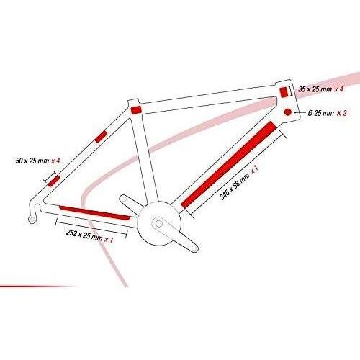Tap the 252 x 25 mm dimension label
[89, 236]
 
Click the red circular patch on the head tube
[287, 112]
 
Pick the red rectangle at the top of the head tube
[284, 92]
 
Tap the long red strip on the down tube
[229, 165]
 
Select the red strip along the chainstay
[95, 212]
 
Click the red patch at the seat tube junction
[136, 110]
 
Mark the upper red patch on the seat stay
[101, 137]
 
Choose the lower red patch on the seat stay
[54, 181]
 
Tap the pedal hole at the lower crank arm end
[194, 248]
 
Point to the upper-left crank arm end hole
[123, 199]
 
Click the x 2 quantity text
[342, 113]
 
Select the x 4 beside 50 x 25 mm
[55, 161]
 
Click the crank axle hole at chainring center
[158, 224]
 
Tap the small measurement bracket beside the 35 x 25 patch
[292, 91]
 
